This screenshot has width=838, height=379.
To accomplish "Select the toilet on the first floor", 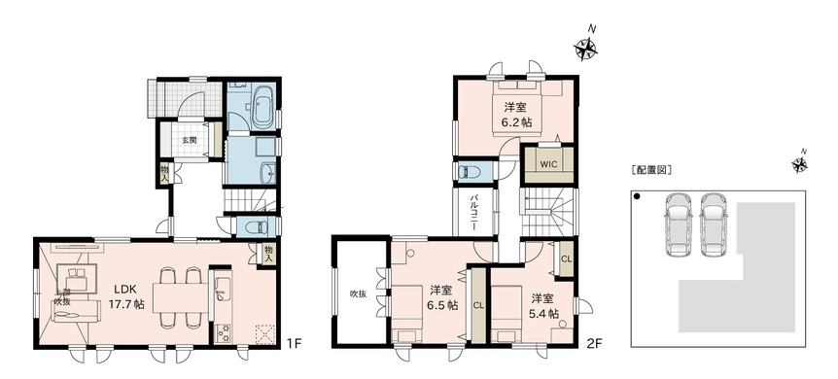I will [255, 227].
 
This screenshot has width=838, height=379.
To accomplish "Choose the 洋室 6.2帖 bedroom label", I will [515, 115].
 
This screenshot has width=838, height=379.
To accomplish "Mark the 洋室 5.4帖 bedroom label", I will [543, 306].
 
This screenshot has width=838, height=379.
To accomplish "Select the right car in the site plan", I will [714, 224].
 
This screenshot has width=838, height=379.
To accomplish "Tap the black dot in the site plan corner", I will [637, 197].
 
